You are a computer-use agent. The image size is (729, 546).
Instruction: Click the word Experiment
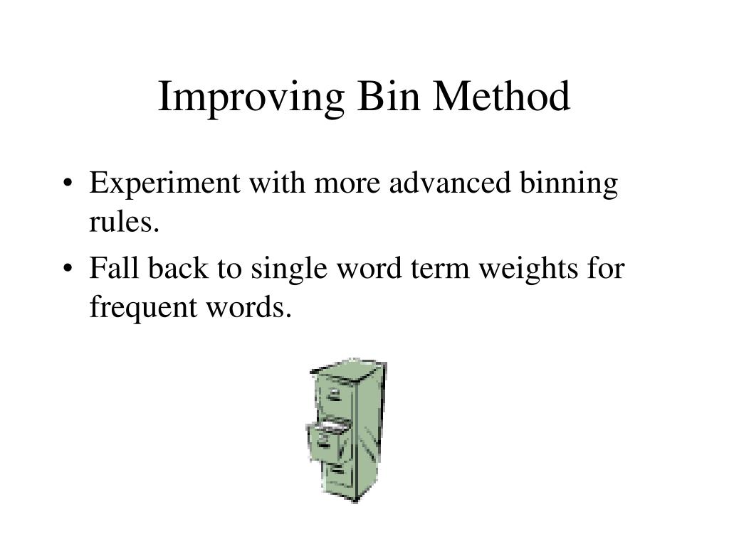[164, 185]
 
